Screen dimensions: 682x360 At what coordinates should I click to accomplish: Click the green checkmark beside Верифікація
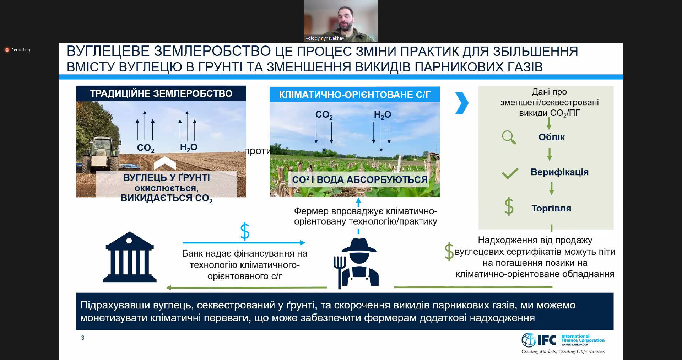510,174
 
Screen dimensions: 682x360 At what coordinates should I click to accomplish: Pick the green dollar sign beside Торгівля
509,207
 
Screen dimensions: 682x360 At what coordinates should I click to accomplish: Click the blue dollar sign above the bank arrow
245,231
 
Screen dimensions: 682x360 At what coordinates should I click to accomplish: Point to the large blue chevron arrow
461,103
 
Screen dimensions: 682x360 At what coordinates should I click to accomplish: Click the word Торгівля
551,208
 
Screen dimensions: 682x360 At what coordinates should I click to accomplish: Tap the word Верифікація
559,172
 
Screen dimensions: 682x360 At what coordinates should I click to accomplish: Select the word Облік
551,137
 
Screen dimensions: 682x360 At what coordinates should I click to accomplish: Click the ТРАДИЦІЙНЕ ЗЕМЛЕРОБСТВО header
161,93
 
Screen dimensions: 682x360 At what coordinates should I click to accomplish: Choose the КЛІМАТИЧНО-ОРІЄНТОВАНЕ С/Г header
354,95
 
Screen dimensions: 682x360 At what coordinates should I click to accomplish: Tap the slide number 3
83,338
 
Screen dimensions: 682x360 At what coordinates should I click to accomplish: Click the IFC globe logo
528,340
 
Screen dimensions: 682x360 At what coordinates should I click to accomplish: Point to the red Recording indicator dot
7,50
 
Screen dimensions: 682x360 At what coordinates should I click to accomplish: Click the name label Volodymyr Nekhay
325,38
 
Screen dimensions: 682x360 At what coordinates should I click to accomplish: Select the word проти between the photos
257,151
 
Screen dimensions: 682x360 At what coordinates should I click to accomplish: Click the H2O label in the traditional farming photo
189,147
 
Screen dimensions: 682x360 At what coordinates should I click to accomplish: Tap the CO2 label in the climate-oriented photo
324,115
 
